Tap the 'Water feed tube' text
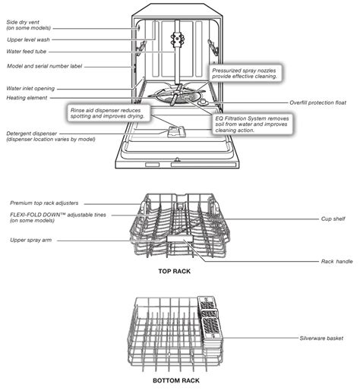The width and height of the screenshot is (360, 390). coord(30,52)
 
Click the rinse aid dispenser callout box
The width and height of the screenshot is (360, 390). coord(109,113)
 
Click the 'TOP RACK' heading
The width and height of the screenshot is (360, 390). coord(174,271)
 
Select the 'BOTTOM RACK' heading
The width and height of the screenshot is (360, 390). coord(175,380)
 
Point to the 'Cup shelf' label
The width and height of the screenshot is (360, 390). coord(333,219)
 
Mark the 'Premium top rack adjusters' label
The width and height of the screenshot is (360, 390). coord(55,203)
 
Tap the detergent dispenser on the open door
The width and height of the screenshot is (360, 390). coord(175,131)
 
